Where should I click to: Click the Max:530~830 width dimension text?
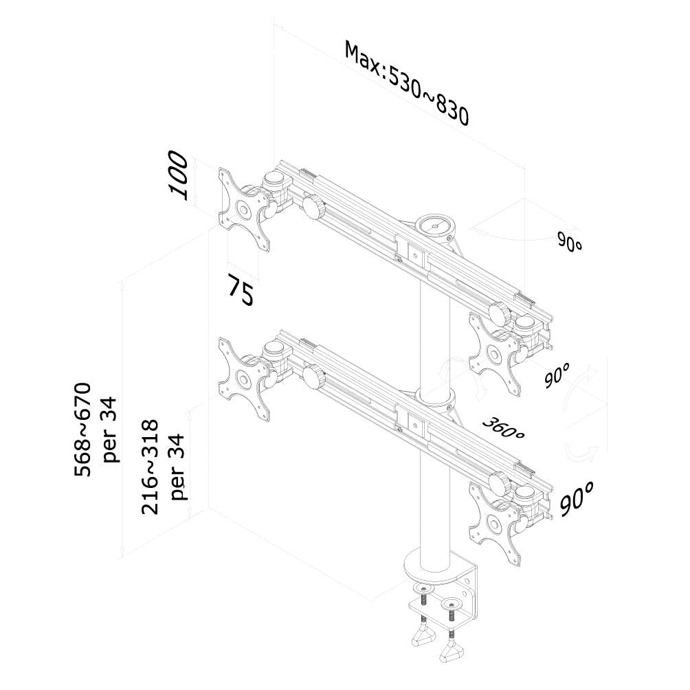[x=406, y=84]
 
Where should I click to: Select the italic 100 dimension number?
[x=178, y=175]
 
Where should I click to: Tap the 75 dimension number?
[x=241, y=290]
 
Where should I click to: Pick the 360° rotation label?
[x=504, y=427]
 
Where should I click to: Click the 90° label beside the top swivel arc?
[x=569, y=243]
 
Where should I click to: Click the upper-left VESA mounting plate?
[x=243, y=207]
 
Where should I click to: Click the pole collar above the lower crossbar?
[x=436, y=397]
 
